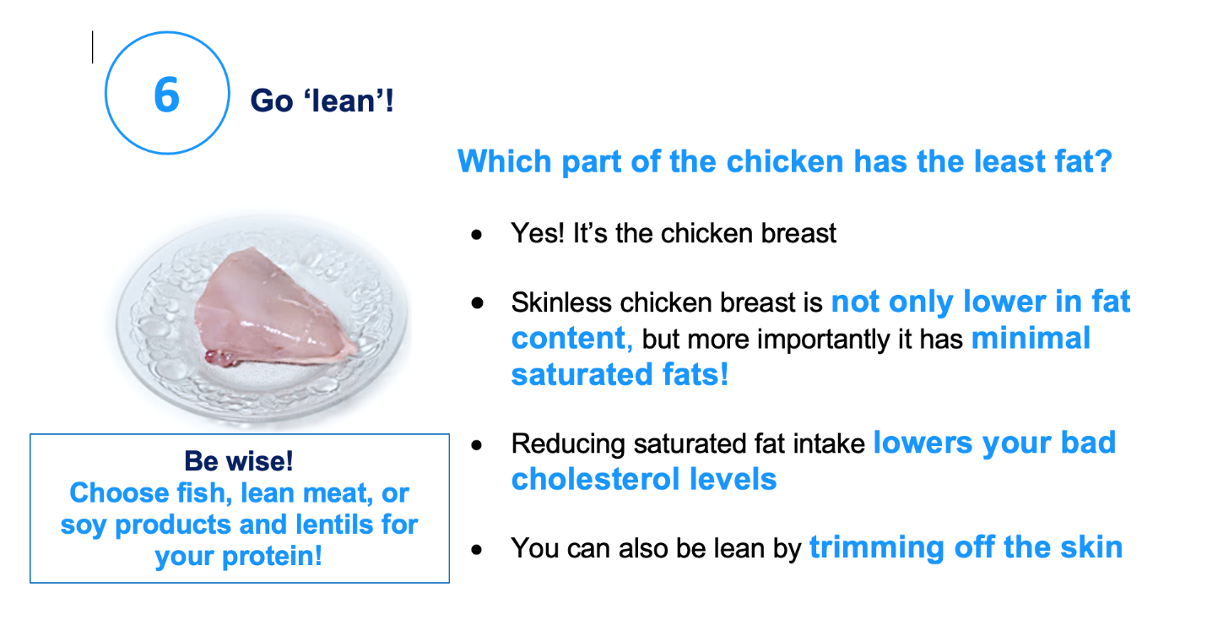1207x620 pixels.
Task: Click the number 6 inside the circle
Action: click(x=167, y=95)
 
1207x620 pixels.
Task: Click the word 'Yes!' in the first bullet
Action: click(x=538, y=233)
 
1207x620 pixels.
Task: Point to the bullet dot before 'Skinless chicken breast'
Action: click(x=477, y=303)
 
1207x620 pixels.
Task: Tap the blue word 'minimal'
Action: click(x=1031, y=338)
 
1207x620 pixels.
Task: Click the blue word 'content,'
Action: click(x=572, y=338)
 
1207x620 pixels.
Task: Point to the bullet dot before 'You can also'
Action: click(x=477, y=550)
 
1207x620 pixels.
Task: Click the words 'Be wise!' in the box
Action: click(x=239, y=461)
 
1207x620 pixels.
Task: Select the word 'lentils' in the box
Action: click(x=334, y=524)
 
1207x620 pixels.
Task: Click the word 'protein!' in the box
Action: click(x=272, y=556)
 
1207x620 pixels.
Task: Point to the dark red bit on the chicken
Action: click(x=220, y=357)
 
